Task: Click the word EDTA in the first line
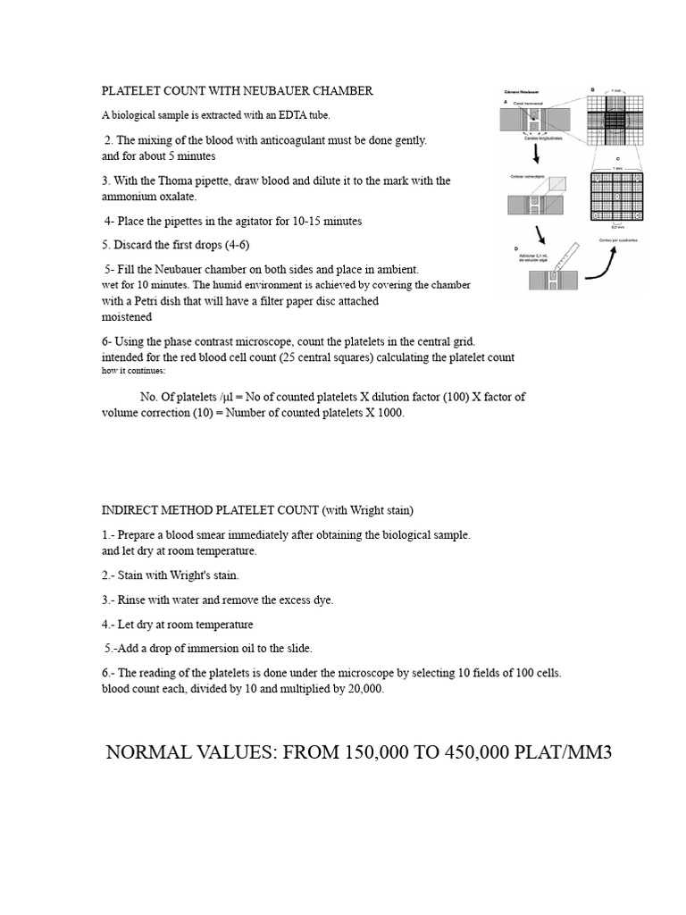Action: pyautogui.click(x=289, y=115)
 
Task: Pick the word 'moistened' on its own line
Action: pyautogui.click(x=127, y=316)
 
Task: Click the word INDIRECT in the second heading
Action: pyautogui.click(x=131, y=510)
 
